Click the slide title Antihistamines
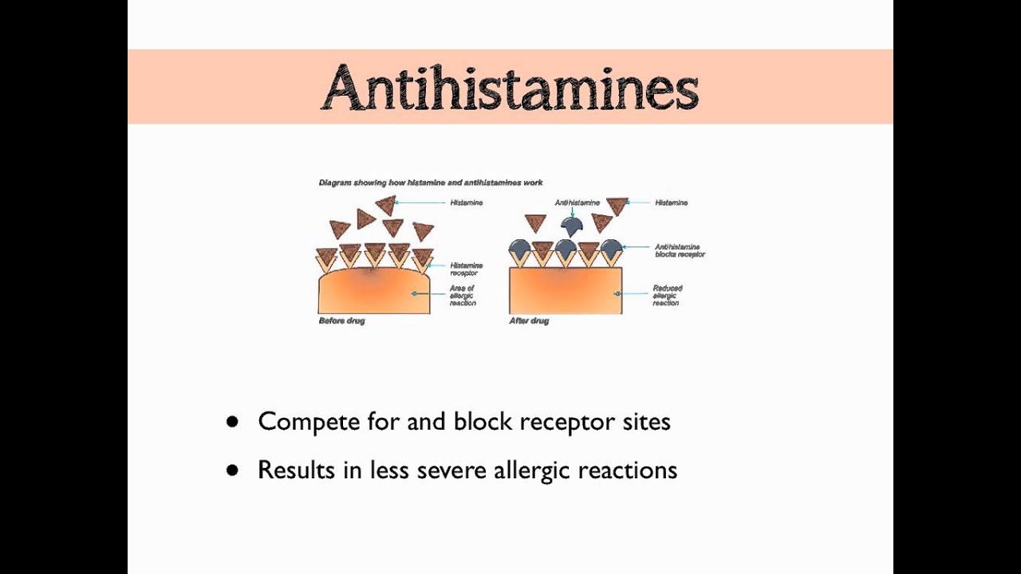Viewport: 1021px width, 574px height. click(510, 88)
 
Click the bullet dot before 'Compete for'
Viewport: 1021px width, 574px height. click(232, 422)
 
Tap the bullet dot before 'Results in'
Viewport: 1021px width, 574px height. click(232, 470)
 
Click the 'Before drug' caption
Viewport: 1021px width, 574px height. click(341, 321)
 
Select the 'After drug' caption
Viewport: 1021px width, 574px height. click(529, 321)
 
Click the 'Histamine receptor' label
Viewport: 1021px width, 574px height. click(466, 269)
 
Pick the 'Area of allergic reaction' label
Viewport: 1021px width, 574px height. click(462, 295)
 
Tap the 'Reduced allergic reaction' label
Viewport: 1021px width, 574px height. click(667, 295)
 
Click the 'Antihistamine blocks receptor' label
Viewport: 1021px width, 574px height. click(680, 250)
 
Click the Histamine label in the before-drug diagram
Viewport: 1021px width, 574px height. click(466, 203)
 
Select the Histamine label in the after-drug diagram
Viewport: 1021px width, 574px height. click(671, 203)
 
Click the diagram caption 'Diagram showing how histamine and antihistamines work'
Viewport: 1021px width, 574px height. click(431, 183)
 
